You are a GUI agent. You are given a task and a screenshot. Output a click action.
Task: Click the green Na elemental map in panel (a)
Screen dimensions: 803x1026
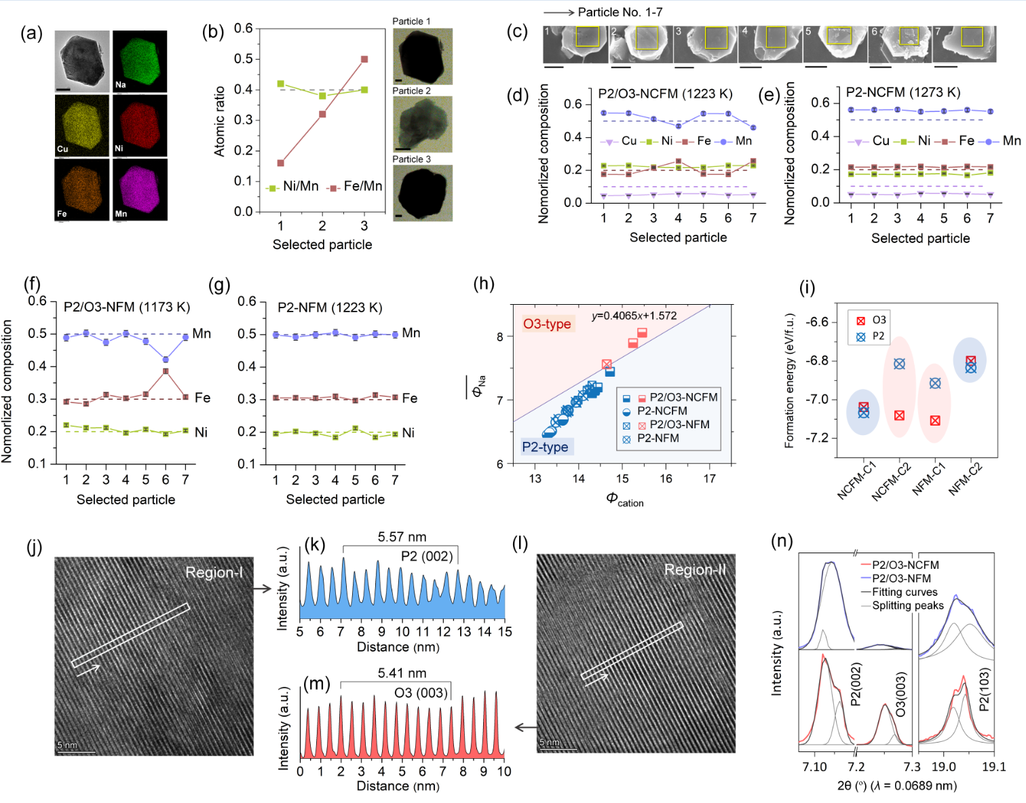[x=140, y=61]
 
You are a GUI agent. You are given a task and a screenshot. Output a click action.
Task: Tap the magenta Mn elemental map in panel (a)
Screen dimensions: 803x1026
[x=140, y=189]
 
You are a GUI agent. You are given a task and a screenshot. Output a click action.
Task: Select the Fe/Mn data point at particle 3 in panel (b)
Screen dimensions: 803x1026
[x=364, y=59]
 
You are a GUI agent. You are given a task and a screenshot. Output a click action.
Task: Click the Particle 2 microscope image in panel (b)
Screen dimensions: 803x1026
[x=422, y=124]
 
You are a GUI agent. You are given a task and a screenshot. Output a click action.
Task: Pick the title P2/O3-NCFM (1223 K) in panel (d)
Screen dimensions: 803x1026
[x=665, y=94]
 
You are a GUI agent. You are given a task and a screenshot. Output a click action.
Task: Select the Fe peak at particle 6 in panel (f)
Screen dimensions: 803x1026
[x=166, y=371]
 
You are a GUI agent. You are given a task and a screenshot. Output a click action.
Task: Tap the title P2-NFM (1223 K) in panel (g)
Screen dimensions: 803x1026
[x=330, y=307]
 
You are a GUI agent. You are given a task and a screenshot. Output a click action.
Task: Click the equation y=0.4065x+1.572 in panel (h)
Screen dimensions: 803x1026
[x=634, y=316]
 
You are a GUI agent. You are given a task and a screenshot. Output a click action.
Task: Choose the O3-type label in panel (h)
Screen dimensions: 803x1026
[x=547, y=324]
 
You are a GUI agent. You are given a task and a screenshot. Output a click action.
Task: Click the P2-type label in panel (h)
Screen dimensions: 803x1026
[x=545, y=447]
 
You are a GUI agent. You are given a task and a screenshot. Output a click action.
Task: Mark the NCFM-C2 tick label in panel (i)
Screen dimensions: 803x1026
[x=892, y=481]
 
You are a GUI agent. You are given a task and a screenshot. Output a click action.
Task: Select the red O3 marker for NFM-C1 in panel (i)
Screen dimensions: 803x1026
[x=935, y=421]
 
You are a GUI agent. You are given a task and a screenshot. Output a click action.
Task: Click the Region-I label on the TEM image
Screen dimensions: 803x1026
[x=214, y=572]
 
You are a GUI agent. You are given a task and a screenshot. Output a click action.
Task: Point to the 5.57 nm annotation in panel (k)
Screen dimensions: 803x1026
[x=402, y=537]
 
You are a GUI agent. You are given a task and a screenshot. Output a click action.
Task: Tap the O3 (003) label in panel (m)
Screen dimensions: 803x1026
[x=421, y=692]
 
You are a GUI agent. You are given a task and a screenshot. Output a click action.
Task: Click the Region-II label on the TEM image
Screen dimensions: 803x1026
[x=695, y=569]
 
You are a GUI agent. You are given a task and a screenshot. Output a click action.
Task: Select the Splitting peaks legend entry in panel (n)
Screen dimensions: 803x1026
[x=907, y=605]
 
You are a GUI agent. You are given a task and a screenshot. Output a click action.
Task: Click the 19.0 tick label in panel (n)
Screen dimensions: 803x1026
[x=943, y=767]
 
